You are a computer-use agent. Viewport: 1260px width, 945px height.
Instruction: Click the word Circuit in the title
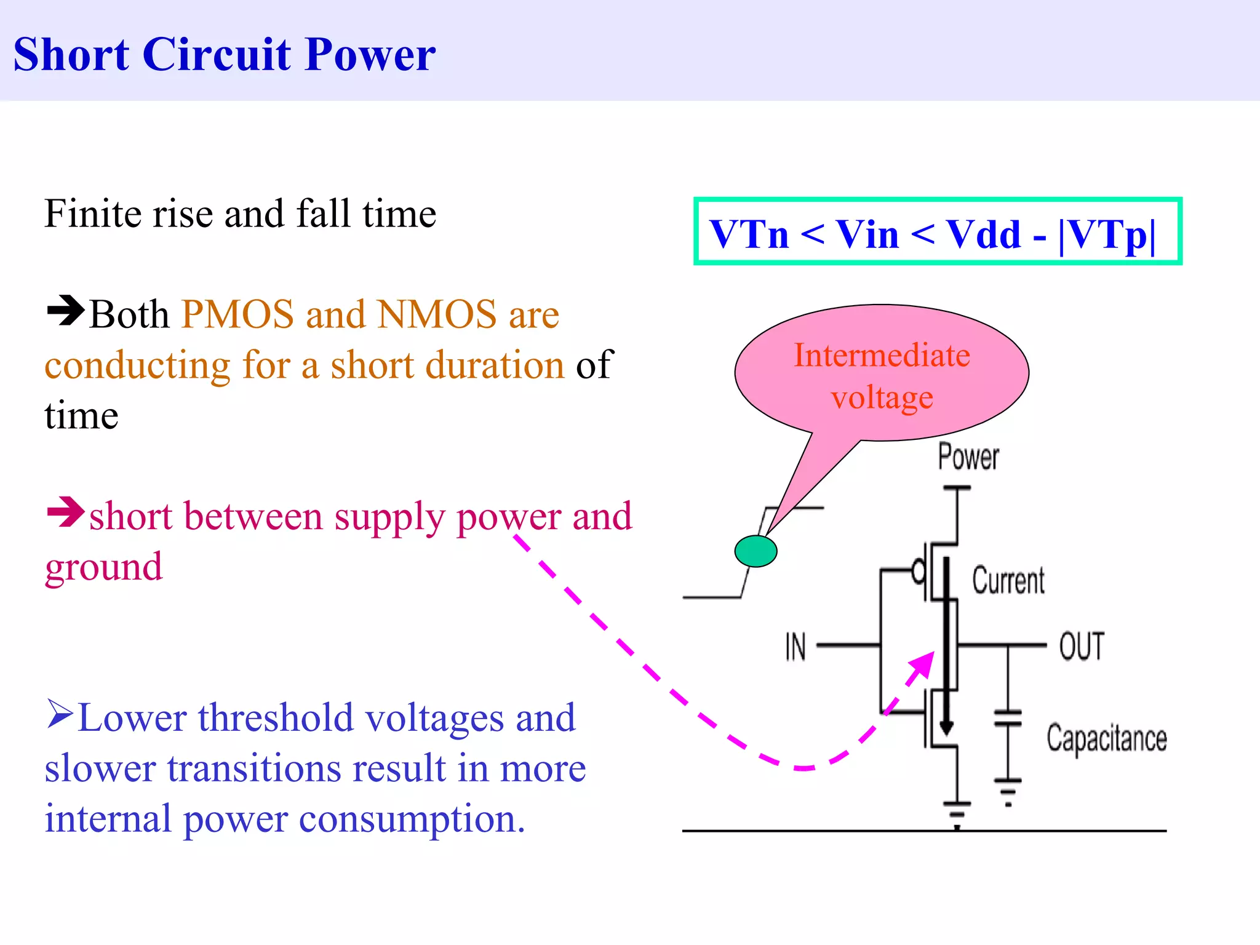click(216, 54)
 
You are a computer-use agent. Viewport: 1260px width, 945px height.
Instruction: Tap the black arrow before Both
click(65, 311)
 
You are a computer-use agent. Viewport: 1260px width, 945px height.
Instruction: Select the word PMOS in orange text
click(237, 314)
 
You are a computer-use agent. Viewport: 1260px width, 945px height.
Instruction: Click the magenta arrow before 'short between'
click(65, 512)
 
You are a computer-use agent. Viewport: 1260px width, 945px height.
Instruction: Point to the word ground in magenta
click(103, 567)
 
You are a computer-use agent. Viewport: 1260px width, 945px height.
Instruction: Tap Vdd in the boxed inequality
click(983, 234)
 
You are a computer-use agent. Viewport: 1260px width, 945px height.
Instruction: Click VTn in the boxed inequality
click(749, 234)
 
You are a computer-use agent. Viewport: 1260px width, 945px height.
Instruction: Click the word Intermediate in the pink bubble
click(882, 356)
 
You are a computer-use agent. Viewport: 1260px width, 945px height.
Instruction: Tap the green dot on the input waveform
click(756, 551)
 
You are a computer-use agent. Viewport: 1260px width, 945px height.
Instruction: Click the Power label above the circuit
click(968, 457)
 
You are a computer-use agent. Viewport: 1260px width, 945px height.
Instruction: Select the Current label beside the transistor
click(1008, 581)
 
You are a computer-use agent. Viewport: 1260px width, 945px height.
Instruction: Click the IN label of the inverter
click(795, 647)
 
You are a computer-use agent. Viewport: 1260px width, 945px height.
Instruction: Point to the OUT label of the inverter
click(1081, 647)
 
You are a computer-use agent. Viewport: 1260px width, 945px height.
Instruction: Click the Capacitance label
click(1106, 738)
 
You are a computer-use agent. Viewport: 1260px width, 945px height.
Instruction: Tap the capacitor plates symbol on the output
click(1008, 717)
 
